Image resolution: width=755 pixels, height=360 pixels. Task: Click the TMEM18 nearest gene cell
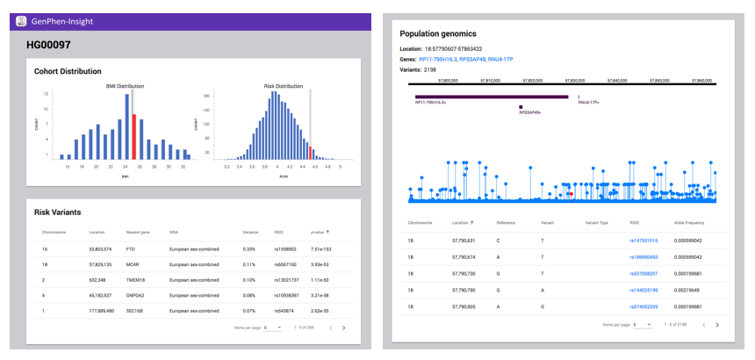click(x=135, y=279)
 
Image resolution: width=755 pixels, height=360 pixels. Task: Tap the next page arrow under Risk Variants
click(x=343, y=327)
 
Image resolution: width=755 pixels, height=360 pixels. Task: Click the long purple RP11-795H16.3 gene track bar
click(x=491, y=97)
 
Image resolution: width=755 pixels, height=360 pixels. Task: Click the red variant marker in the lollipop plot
click(x=572, y=192)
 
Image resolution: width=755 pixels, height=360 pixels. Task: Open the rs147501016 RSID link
click(x=644, y=240)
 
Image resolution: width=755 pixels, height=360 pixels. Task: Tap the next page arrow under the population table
click(x=717, y=324)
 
